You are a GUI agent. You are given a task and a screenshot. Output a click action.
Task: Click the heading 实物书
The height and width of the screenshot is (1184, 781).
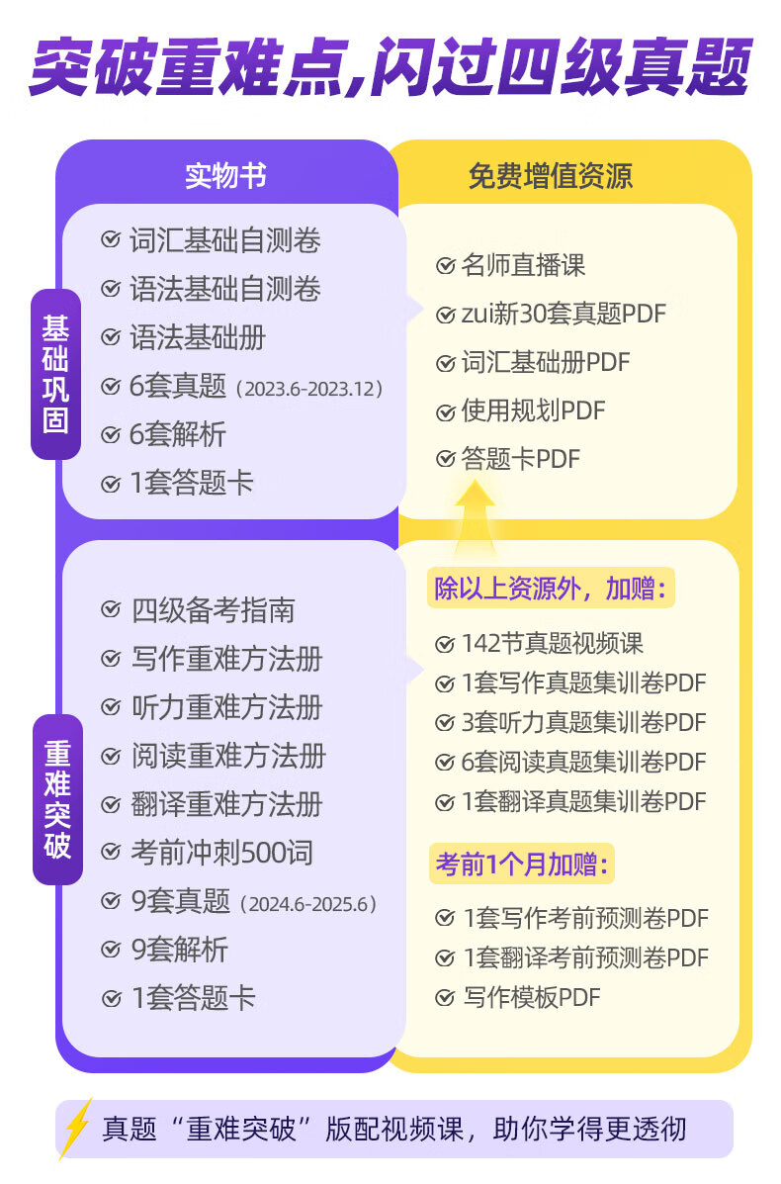[225, 176]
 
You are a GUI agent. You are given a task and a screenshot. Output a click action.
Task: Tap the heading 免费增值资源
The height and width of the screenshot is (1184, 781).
[551, 176]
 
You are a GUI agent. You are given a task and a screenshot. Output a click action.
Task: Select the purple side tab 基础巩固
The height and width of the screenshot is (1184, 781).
[55, 374]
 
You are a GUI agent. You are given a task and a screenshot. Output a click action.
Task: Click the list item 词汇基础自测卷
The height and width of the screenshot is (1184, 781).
[224, 240]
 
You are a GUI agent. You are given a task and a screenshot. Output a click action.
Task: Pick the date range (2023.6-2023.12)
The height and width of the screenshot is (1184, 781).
[308, 388]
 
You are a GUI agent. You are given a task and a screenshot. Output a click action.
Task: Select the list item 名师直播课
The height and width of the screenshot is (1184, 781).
[523, 265]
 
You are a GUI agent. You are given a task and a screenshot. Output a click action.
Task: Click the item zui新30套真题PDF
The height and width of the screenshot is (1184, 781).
[564, 314]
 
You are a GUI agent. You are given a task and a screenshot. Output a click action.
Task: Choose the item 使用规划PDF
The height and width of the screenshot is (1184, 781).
[533, 410]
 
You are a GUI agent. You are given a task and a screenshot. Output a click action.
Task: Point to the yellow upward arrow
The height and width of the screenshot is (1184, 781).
[475, 514]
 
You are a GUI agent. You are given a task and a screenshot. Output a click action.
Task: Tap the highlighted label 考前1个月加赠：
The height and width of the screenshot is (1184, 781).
[523, 865]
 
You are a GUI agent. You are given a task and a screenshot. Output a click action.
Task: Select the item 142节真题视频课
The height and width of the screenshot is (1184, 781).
[552, 643]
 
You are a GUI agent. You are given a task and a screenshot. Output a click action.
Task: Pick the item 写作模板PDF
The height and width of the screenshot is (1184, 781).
[531, 997]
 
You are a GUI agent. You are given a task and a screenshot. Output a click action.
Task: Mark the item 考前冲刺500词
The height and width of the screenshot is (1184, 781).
[221, 852]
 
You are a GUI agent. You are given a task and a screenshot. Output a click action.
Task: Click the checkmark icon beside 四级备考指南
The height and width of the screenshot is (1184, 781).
[111, 609]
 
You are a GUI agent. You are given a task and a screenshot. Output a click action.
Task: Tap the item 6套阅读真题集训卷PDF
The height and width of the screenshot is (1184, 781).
[583, 762]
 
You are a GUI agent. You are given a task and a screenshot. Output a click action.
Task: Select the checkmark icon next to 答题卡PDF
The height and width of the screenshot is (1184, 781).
[446, 459]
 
